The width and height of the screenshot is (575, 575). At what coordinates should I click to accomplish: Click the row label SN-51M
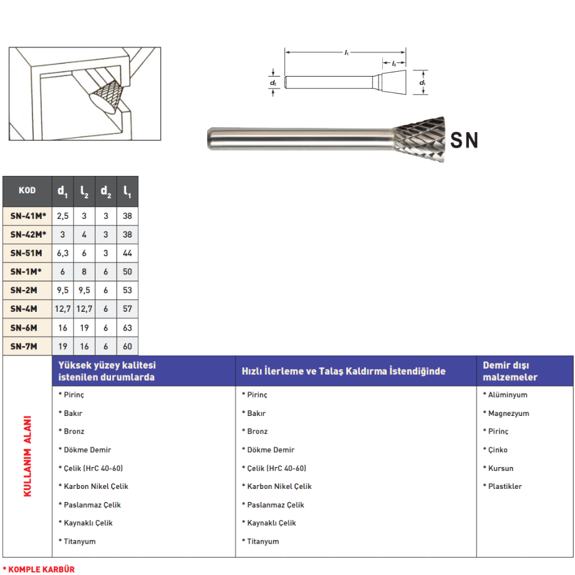27,253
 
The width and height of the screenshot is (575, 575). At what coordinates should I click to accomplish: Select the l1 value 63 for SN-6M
127,327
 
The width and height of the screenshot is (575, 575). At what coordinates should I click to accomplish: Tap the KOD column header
27,191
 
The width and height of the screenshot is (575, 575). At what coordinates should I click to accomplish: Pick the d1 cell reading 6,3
63,253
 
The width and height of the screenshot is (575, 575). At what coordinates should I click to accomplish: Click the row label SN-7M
25,346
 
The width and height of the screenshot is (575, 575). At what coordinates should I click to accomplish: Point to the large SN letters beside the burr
464,140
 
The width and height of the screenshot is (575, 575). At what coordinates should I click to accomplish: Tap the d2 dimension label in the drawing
273,83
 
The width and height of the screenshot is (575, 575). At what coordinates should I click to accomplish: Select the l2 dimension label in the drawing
394,64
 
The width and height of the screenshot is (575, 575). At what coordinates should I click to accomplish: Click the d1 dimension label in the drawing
422,83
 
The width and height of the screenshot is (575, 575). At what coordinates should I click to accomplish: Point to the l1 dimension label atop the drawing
345,53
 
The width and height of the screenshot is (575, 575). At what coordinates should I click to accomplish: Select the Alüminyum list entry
507,395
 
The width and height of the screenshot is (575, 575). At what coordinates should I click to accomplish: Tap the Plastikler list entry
505,486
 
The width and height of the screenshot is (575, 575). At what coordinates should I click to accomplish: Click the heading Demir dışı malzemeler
510,371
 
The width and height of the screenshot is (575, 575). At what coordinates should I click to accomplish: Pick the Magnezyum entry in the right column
508,413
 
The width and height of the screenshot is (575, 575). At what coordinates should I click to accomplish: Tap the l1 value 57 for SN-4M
127,309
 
